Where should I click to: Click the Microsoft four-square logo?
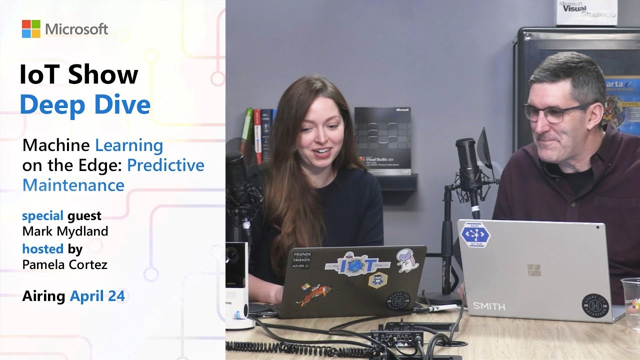click(30, 29)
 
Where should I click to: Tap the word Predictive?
click(165, 165)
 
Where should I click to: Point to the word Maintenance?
click(73, 185)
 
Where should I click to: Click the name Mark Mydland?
click(65, 231)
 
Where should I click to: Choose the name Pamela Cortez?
click(65, 264)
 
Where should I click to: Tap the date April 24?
click(97, 296)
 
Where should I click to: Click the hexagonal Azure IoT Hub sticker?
click(474, 234)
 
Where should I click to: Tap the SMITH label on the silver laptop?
click(489, 305)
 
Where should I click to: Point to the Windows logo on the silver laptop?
click(533, 270)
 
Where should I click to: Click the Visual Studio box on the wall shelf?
click(382, 140)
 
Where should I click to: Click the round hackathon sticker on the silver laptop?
click(595, 304)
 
